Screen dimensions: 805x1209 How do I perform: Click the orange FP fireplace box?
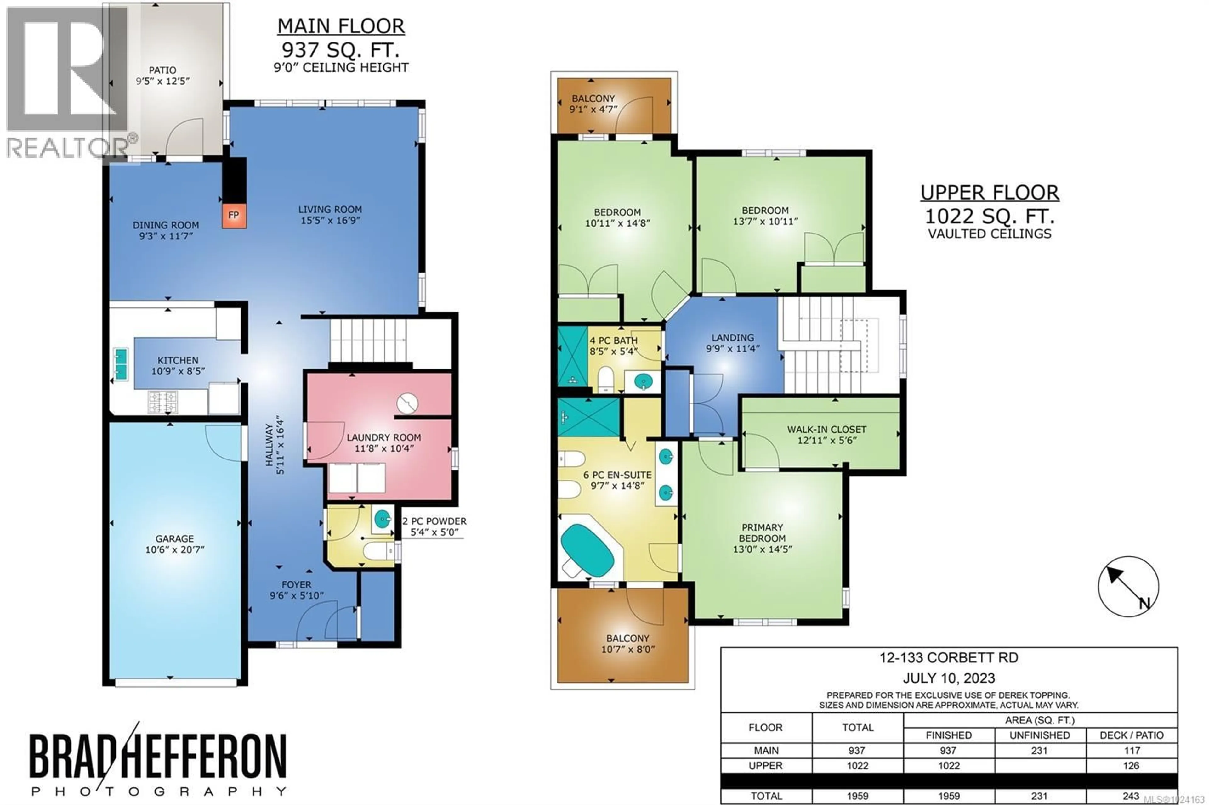[x=234, y=215]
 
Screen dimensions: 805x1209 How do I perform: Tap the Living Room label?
[x=330, y=210]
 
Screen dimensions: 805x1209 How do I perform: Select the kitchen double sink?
[x=121, y=364]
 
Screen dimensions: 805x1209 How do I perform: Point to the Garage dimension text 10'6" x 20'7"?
[x=175, y=550]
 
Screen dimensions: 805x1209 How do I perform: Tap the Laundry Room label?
[x=384, y=437]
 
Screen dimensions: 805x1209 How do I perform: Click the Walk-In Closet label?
[x=826, y=429]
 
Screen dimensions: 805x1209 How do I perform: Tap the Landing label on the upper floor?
[x=732, y=338]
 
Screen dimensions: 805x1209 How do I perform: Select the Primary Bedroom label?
[x=762, y=533]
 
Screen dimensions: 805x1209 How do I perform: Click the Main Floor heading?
[x=341, y=26]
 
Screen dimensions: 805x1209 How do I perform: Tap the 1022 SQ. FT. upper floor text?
[x=989, y=216]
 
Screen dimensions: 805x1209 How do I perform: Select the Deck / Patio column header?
[x=1131, y=735]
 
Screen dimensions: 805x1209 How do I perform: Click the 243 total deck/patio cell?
[x=1131, y=796]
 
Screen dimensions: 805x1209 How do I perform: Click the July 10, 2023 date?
[x=949, y=678]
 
